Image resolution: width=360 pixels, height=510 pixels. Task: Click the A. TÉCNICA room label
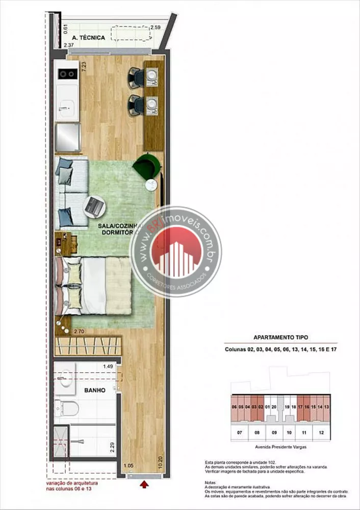click(x=89, y=38)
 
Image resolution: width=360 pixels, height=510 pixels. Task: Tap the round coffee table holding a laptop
click(x=95, y=206)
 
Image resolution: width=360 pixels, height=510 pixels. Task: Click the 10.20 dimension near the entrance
click(x=160, y=462)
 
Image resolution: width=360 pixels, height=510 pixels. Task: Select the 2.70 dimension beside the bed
click(x=79, y=331)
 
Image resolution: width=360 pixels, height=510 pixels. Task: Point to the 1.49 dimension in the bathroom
click(x=108, y=366)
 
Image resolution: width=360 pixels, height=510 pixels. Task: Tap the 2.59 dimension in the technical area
click(x=156, y=28)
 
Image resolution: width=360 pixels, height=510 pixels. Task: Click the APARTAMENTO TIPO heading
click(x=280, y=337)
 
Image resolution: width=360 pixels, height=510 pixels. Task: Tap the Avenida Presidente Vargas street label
click(x=280, y=447)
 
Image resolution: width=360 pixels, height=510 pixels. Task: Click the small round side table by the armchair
click(x=151, y=185)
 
